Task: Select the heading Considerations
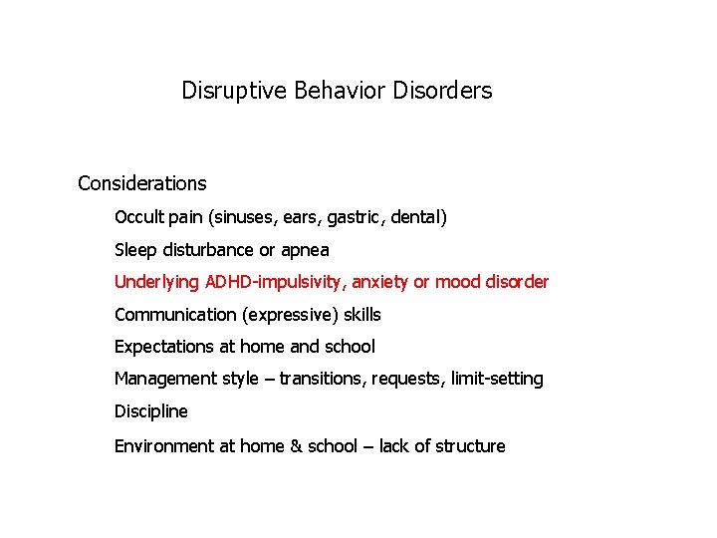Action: point(142,183)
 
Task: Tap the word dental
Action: point(416,216)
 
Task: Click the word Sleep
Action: point(134,249)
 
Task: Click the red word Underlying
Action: point(156,282)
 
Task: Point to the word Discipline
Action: point(150,411)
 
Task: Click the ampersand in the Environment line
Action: point(296,446)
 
